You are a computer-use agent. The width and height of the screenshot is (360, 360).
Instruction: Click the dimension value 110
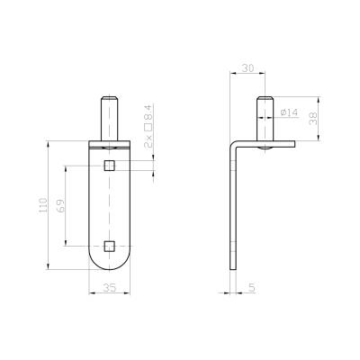pyautogui.click(x=43, y=205)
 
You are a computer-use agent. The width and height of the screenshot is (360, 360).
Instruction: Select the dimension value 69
pyautogui.click(x=61, y=205)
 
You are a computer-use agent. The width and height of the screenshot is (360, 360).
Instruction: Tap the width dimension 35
pyautogui.click(x=109, y=288)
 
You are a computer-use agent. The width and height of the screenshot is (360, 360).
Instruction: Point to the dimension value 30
pyautogui.click(x=247, y=68)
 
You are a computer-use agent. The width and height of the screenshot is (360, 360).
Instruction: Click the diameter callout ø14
pyautogui.click(x=289, y=112)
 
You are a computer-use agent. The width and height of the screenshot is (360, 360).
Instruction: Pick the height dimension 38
pyautogui.click(x=312, y=118)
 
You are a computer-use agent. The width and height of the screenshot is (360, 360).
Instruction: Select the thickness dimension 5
pyautogui.click(x=252, y=287)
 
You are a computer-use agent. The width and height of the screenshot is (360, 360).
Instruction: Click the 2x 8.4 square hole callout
pyautogui.click(x=148, y=127)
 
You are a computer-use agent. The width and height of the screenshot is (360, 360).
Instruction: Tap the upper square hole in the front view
pyautogui.click(x=110, y=166)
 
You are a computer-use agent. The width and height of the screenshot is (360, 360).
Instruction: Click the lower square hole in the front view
pyautogui.click(x=110, y=246)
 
